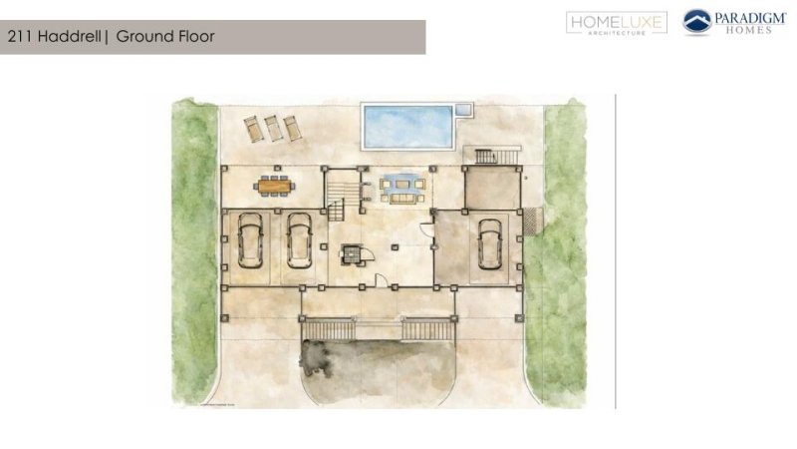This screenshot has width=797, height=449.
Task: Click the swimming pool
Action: tap(408, 124)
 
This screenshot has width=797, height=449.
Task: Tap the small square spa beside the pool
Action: tap(462, 109)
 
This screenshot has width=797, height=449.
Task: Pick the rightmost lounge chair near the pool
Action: tap(292, 128)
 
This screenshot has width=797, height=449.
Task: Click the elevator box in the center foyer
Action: tap(353, 254)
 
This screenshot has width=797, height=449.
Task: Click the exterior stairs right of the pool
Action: tap(495, 156)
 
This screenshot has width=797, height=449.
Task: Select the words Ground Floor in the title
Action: tap(165, 37)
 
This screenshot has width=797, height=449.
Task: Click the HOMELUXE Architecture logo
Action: tap(616, 23)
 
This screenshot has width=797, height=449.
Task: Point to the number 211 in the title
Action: tap(20, 37)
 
